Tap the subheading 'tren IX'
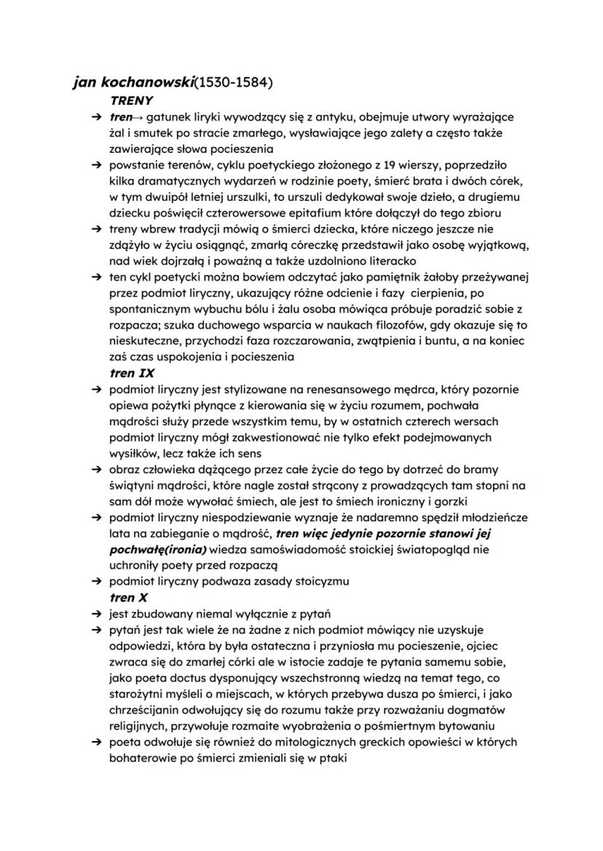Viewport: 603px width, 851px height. click(x=133, y=373)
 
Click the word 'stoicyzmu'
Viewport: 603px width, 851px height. click(x=324, y=581)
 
